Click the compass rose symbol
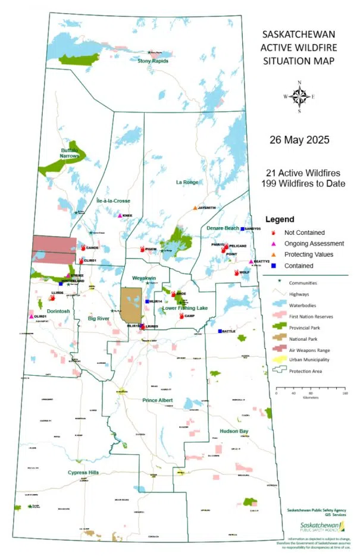tap(300, 96)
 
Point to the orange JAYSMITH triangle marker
tap(195, 208)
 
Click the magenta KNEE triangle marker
tap(120, 216)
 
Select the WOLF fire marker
tap(236, 272)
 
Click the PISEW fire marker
tap(142, 249)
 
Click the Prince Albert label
tap(158, 400)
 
